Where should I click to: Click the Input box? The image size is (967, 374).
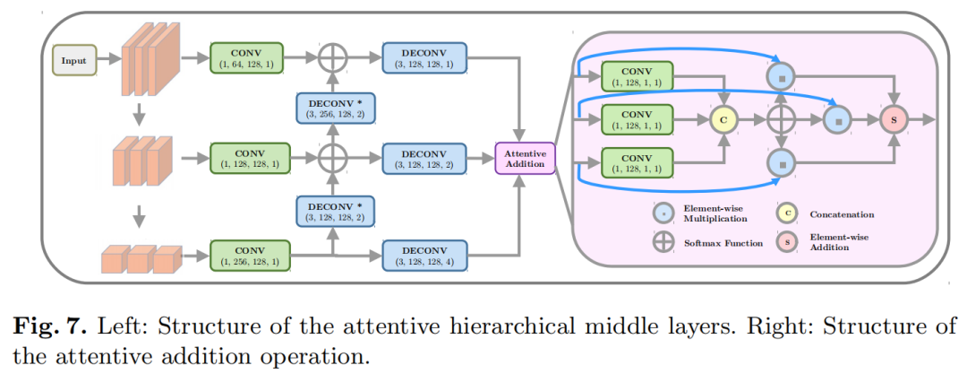(73, 60)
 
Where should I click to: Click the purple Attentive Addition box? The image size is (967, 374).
(526, 159)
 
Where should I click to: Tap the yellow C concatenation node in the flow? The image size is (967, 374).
(722, 117)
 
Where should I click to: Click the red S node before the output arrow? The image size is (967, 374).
(893, 117)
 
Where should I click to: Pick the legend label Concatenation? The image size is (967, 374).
(841, 214)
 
